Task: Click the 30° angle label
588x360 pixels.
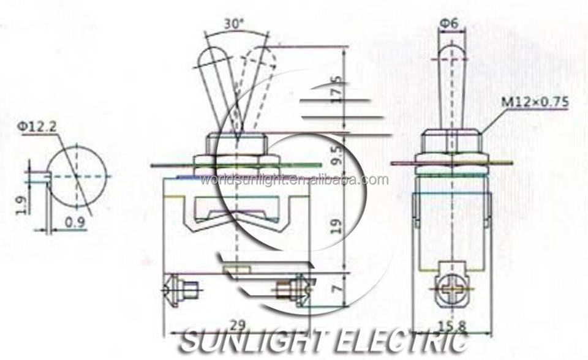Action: coord(234,25)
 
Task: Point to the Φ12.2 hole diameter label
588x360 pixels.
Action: coord(39,127)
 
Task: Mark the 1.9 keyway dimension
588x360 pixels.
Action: coord(21,204)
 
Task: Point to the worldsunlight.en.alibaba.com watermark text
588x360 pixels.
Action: coord(294,180)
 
